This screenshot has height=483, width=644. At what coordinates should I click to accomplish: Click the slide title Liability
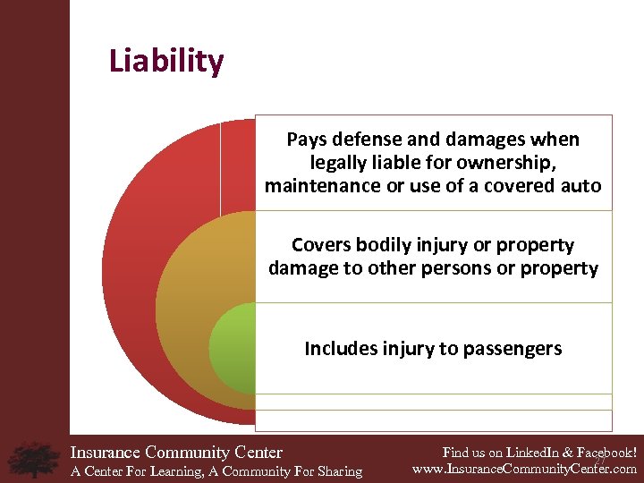pyautogui.click(x=166, y=62)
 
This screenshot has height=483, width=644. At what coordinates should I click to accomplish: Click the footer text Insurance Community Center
pyautogui.click(x=176, y=453)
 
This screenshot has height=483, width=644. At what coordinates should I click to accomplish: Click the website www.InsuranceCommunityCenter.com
pyautogui.click(x=525, y=469)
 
